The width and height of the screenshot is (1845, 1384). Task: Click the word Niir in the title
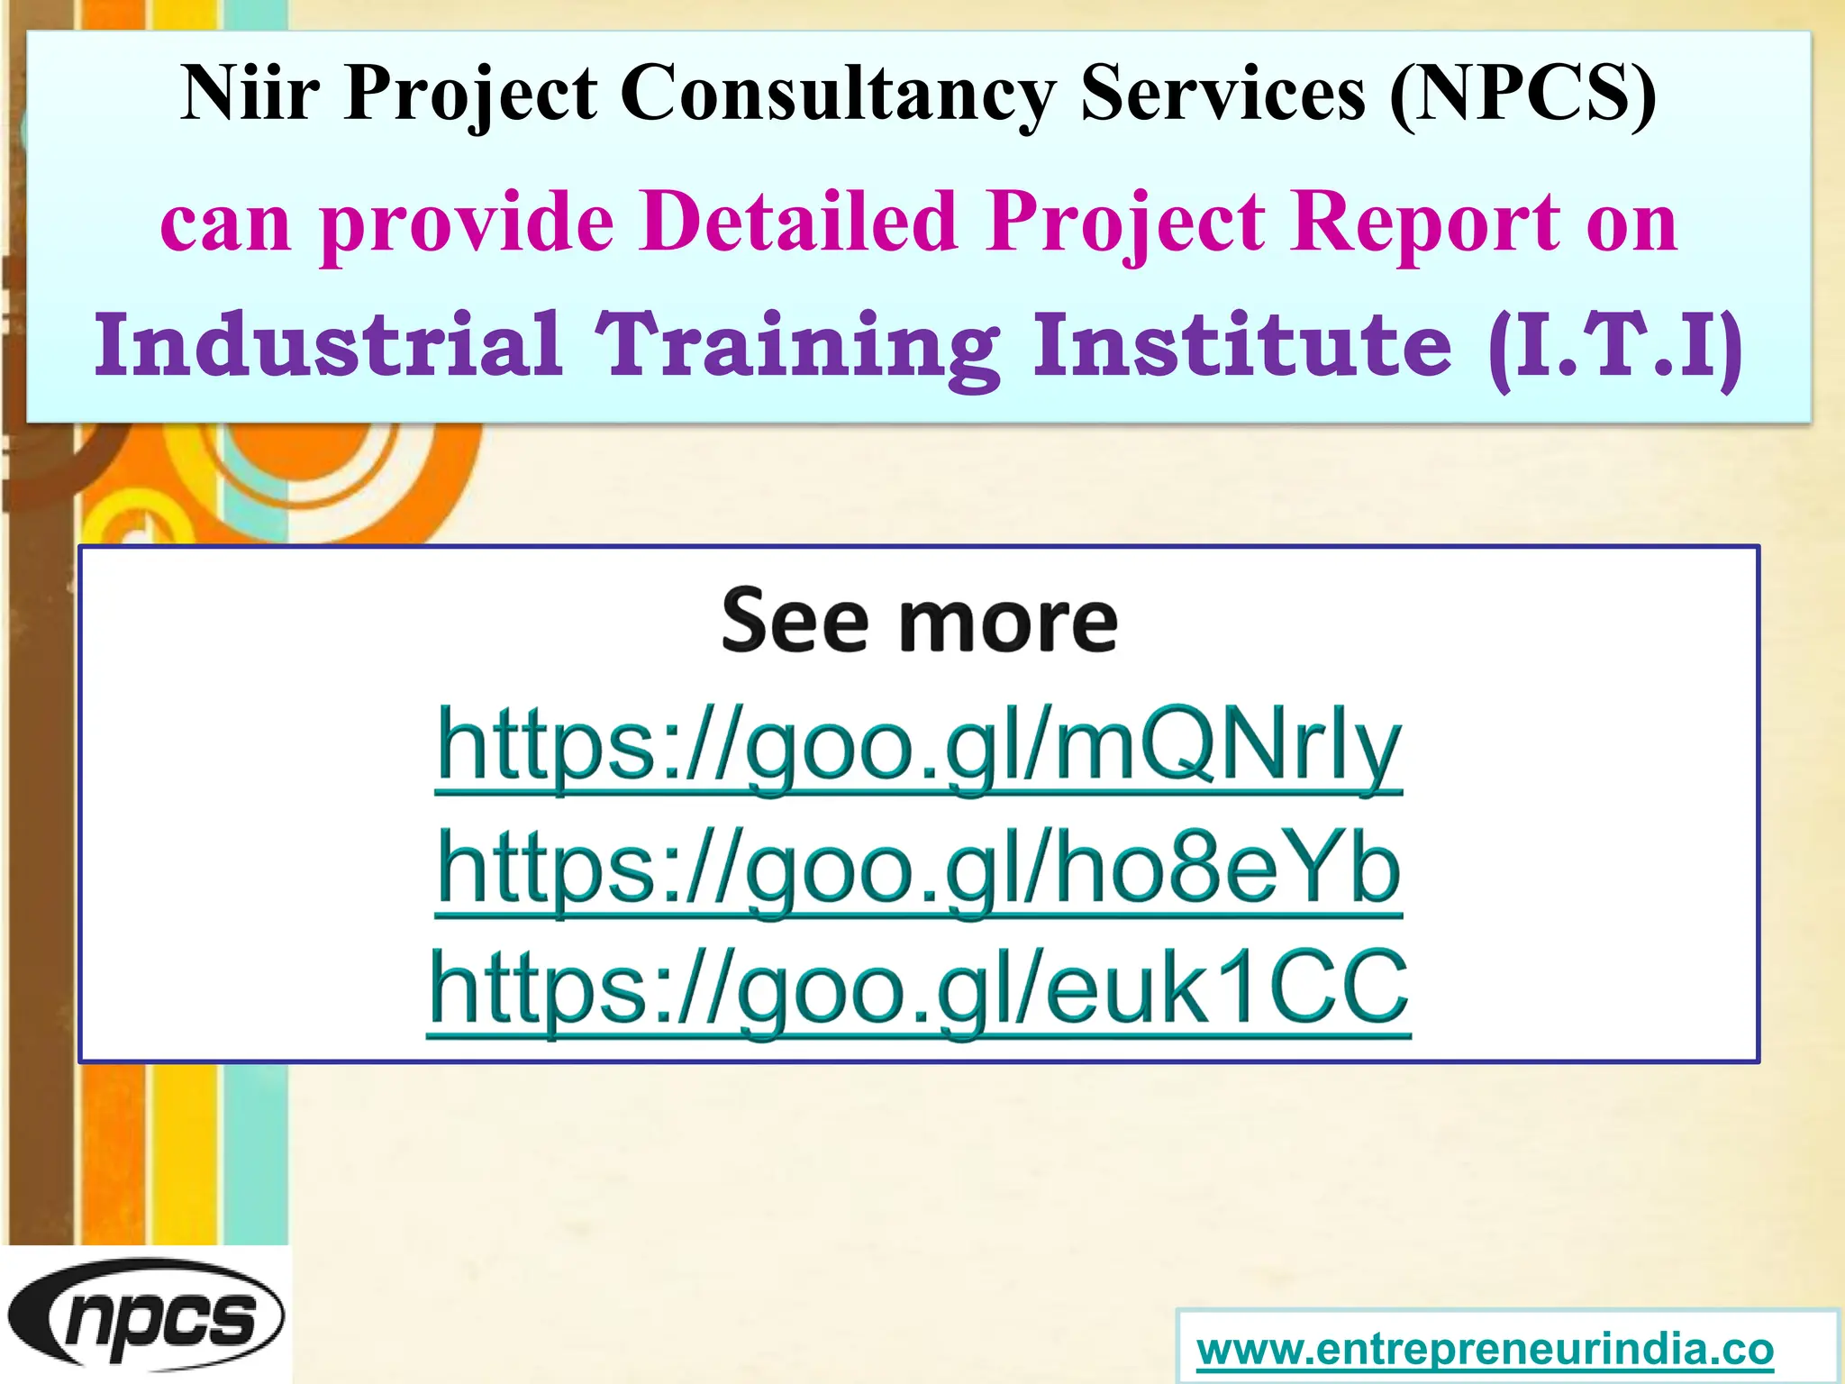[x=250, y=93]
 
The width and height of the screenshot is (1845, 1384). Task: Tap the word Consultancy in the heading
[x=839, y=95]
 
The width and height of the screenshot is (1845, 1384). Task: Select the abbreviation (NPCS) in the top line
[x=1522, y=95]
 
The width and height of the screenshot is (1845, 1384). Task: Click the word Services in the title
[x=1222, y=93]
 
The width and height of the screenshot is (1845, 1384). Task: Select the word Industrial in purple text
[x=330, y=345]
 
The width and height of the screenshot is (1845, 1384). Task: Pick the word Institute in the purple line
[x=1242, y=345]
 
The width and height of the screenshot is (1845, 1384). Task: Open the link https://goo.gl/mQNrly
[x=919, y=748]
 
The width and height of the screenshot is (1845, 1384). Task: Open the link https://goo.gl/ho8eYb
[x=919, y=869]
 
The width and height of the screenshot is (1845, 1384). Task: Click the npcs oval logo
[x=146, y=1316]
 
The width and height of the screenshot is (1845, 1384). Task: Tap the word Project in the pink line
[x=1126, y=223]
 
